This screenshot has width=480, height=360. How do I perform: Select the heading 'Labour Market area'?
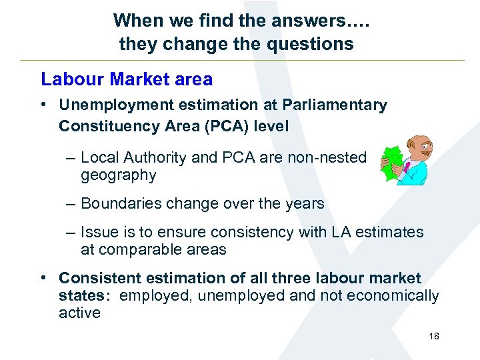(x=127, y=79)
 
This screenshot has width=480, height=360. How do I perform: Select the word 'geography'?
(x=118, y=175)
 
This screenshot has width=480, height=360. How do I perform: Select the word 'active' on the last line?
(x=79, y=313)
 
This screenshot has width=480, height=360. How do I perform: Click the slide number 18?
(x=434, y=337)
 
